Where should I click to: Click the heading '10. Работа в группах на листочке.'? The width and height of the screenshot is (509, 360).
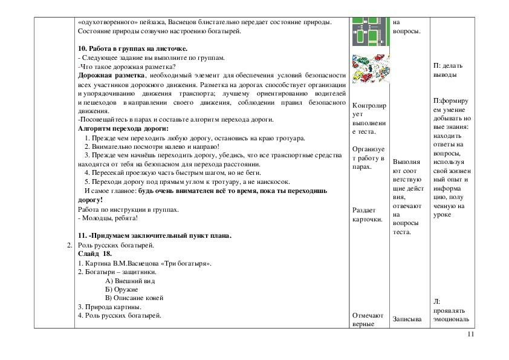133,48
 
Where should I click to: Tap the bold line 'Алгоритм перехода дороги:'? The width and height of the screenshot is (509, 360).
123,128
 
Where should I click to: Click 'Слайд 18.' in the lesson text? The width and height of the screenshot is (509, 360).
96,254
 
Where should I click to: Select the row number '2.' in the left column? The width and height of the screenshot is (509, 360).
70,245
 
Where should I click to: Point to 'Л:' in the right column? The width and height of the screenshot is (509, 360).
437,301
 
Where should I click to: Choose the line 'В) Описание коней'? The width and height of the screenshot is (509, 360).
134,298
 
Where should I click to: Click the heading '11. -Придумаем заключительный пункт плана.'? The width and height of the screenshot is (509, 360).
155,235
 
